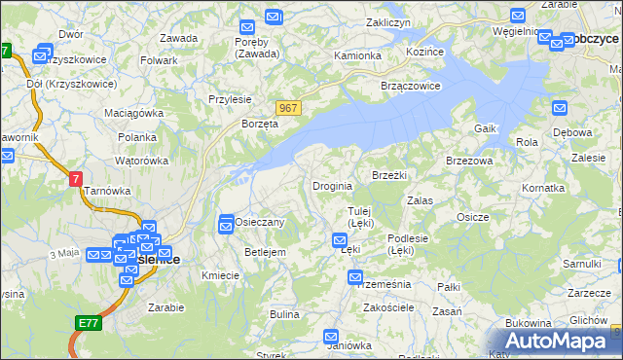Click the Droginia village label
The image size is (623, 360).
pyautogui.click(x=331, y=186)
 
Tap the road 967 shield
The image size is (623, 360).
pyautogui.click(x=287, y=108)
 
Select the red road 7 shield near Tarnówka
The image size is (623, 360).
pyautogui.click(x=76, y=179)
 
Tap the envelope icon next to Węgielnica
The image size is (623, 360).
pyautogui.click(x=518, y=16)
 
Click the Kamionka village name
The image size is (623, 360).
pyautogui.click(x=357, y=55)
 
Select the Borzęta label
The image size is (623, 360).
pyautogui.click(x=260, y=125)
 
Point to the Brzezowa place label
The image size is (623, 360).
pyautogui.click(x=469, y=161)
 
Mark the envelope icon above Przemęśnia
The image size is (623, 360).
pyautogui.click(x=355, y=278)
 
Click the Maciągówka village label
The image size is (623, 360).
pyautogui.click(x=134, y=113)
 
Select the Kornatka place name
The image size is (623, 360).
pyautogui.click(x=543, y=187)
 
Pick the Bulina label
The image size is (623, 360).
pyautogui.click(x=284, y=314)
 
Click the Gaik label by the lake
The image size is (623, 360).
pyautogui.click(x=486, y=128)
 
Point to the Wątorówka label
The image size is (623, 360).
pyautogui.click(x=138, y=159)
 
